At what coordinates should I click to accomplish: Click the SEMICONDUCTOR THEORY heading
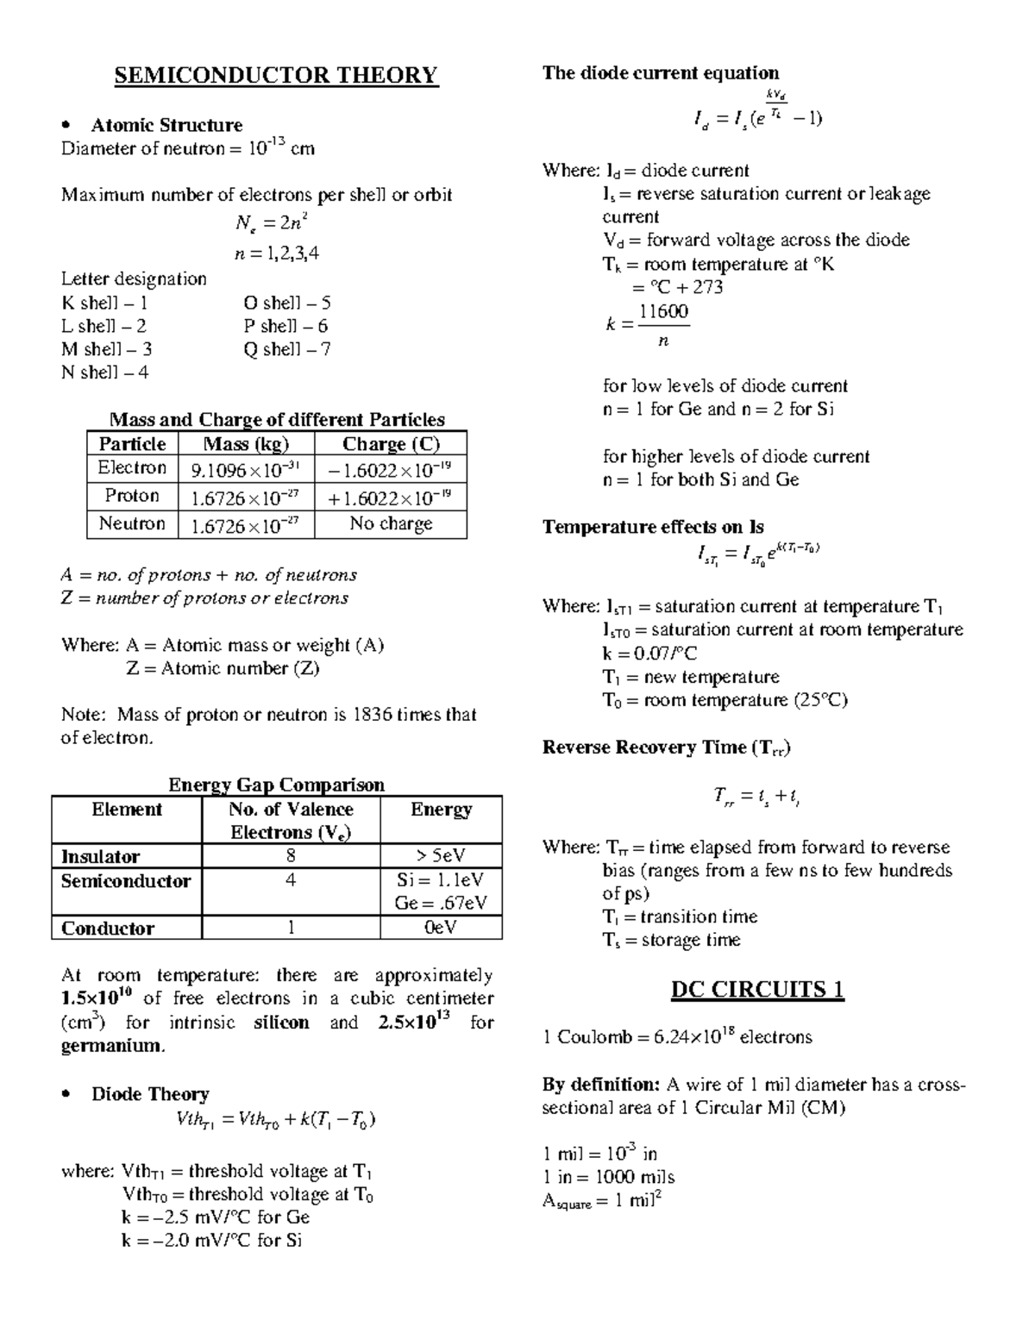(276, 76)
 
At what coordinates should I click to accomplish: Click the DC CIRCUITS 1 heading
(757, 989)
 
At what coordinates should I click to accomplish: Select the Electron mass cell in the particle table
(246, 470)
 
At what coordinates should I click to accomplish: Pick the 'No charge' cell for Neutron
(391, 524)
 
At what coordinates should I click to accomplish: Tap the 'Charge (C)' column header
(391, 444)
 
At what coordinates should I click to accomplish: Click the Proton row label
(132, 496)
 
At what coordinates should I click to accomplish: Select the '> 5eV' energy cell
(441, 856)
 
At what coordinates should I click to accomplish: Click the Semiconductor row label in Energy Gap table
(126, 881)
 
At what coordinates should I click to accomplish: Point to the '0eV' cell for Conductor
(441, 928)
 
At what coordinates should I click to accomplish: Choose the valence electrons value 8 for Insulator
(291, 856)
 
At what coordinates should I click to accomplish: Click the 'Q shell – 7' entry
(286, 349)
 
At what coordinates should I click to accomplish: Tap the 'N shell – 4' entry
(104, 372)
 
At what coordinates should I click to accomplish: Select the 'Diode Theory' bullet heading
(150, 1094)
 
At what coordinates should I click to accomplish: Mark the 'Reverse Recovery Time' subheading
(666, 748)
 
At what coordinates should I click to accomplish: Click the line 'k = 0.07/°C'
(649, 654)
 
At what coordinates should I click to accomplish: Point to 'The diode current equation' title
(660, 73)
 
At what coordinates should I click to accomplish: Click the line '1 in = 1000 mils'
(608, 1177)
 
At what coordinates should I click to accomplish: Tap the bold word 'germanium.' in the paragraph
(112, 1046)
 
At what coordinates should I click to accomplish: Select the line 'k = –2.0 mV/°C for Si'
(211, 1241)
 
